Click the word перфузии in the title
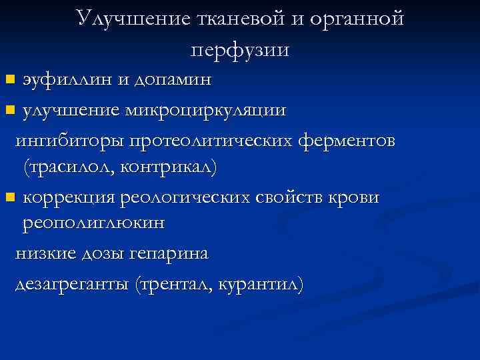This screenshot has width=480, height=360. [x=239, y=49]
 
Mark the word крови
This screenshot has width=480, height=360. [x=353, y=197]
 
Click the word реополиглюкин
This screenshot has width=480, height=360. [x=93, y=224]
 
